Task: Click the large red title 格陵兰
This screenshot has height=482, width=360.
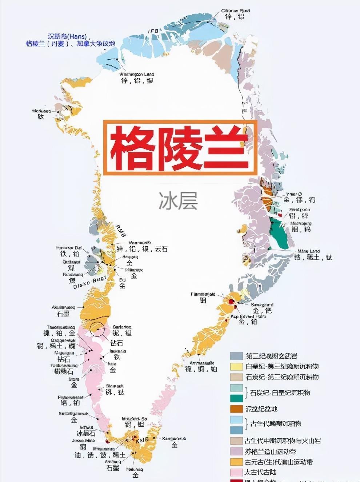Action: [180, 148]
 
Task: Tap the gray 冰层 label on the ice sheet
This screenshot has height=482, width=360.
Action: [178, 201]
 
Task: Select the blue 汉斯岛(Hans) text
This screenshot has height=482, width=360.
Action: [67, 36]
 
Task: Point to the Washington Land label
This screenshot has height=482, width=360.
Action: [137, 74]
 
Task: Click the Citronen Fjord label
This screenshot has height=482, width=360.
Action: [235, 11]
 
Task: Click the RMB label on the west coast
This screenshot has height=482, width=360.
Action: [120, 231]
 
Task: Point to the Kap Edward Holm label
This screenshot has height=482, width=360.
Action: [248, 316]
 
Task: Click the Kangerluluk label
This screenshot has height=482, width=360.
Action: [174, 439]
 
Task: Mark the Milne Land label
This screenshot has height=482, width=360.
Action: [308, 251]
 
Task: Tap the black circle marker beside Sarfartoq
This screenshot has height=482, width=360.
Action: [97, 329]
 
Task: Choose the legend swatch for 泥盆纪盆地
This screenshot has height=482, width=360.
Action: [236, 409]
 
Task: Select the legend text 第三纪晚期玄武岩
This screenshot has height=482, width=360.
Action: [271, 356]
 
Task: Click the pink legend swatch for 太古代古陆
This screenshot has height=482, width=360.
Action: [236, 472]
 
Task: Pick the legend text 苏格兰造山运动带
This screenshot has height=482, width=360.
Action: [270, 451]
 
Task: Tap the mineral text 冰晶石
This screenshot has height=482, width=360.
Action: [86, 433]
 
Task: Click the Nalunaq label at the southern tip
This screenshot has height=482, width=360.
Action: [135, 469]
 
